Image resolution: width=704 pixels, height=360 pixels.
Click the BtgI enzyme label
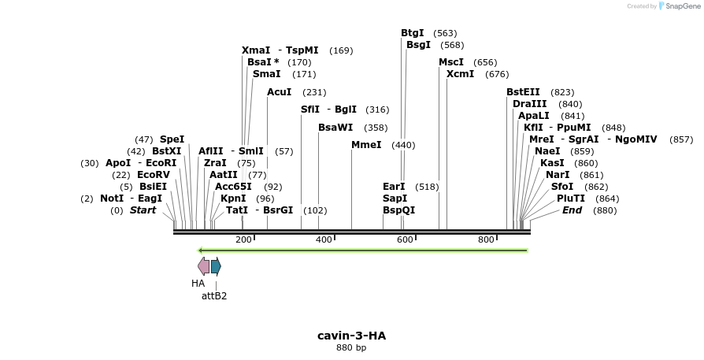click(x=413, y=33)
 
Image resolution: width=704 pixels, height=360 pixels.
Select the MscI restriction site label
click(x=451, y=62)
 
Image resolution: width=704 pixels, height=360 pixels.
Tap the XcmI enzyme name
click(x=461, y=74)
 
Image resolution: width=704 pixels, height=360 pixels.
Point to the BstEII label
click(x=523, y=92)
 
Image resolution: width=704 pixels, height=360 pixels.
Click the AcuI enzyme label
click(x=280, y=92)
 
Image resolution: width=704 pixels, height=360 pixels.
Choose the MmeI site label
click(x=366, y=145)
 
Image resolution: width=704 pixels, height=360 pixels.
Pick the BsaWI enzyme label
click(x=335, y=128)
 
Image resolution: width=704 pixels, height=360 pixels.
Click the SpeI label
click(x=172, y=139)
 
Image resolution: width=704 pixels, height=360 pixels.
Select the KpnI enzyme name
click(x=233, y=199)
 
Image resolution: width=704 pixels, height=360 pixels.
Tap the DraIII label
click(x=529, y=104)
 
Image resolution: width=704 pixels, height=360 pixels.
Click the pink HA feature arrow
click(x=203, y=265)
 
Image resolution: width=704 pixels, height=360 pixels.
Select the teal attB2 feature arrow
click(x=216, y=265)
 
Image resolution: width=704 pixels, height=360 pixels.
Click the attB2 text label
click(x=214, y=296)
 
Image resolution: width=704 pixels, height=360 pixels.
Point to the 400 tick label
click(x=324, y=239)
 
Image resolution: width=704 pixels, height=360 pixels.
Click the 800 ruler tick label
click(x=486, y=239)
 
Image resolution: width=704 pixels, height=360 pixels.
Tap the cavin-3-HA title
click(x=351, y=336)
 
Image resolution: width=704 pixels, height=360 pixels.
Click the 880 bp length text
click(x=351, y=347)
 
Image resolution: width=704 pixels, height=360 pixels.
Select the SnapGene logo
click(x=677, y=6)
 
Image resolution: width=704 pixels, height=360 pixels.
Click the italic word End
click(x=572, y=210)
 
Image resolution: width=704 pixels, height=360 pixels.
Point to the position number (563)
click(x=445, y=33)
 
